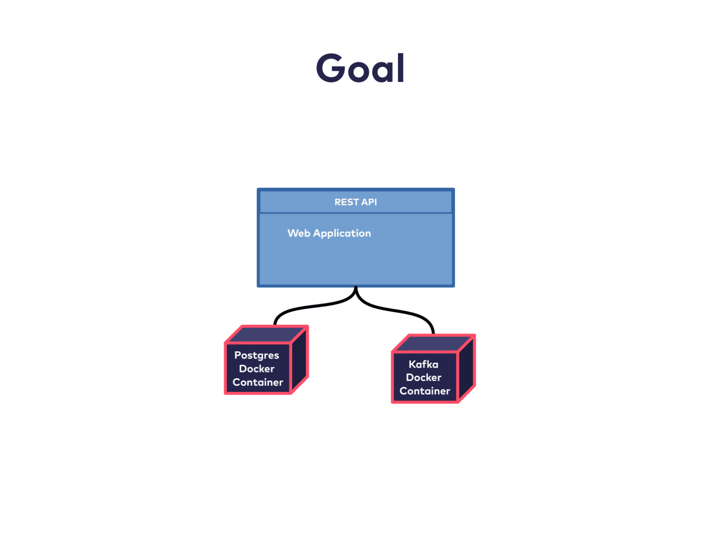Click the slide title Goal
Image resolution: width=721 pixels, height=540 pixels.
(x=360, y=68)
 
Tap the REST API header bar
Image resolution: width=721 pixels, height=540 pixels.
(x=356, y=202)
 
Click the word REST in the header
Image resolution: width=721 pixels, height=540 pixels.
(x=346, y=202)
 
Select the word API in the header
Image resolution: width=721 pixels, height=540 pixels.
(x=369, y=202)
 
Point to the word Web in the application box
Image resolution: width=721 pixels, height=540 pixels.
(x=299, y=233)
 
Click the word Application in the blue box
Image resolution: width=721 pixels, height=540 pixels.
(x=342, y=234)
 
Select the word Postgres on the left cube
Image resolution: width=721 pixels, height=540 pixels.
(x=256, y=355)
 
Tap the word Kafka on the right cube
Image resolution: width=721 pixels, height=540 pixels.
(x=423, y=364)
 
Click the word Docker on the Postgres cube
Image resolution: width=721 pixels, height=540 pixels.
(x=256, y=369)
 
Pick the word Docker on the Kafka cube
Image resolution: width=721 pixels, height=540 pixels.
(x=424, y=377)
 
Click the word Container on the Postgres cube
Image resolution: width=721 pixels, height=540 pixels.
(x=258, y=382)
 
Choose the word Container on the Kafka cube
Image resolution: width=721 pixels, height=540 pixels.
(x=424, y=391)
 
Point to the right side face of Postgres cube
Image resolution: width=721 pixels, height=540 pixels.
(x=300, y=360)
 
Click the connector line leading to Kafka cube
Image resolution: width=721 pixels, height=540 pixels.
(x=401, y=310)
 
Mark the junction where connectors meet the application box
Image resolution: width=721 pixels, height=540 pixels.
(x=356, y=289)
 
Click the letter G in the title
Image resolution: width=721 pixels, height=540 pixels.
(x=331, y=68)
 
